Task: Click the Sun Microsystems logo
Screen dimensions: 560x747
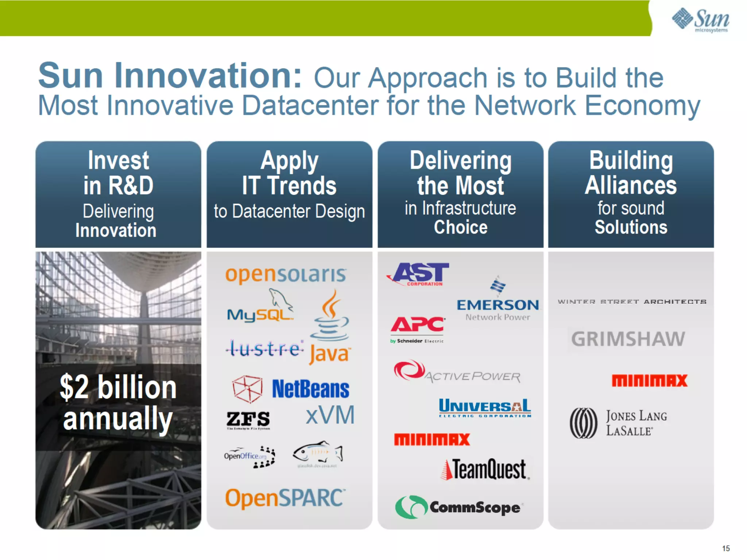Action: point(700,20)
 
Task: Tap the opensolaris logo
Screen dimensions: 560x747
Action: point(286,275)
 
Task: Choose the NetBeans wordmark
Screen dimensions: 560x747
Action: point(310,389)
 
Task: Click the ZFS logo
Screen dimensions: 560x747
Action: point(248,419)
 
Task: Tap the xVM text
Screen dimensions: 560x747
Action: point(330,415)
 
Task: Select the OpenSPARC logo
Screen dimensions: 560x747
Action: point(285,498)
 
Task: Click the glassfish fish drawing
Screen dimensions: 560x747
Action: point(318,453)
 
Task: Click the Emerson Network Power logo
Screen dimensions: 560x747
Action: point(498,301)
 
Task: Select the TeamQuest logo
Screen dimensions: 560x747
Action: point(485,470)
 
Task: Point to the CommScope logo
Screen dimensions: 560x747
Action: point(459,507)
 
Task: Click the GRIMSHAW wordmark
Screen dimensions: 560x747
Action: point(628,339)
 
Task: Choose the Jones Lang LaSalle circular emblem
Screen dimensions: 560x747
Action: point(584,423)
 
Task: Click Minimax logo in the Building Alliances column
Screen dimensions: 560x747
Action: point(649,381)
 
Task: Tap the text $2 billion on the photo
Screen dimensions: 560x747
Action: point(118,387)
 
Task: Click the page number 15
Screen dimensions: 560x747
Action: point(725,548)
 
